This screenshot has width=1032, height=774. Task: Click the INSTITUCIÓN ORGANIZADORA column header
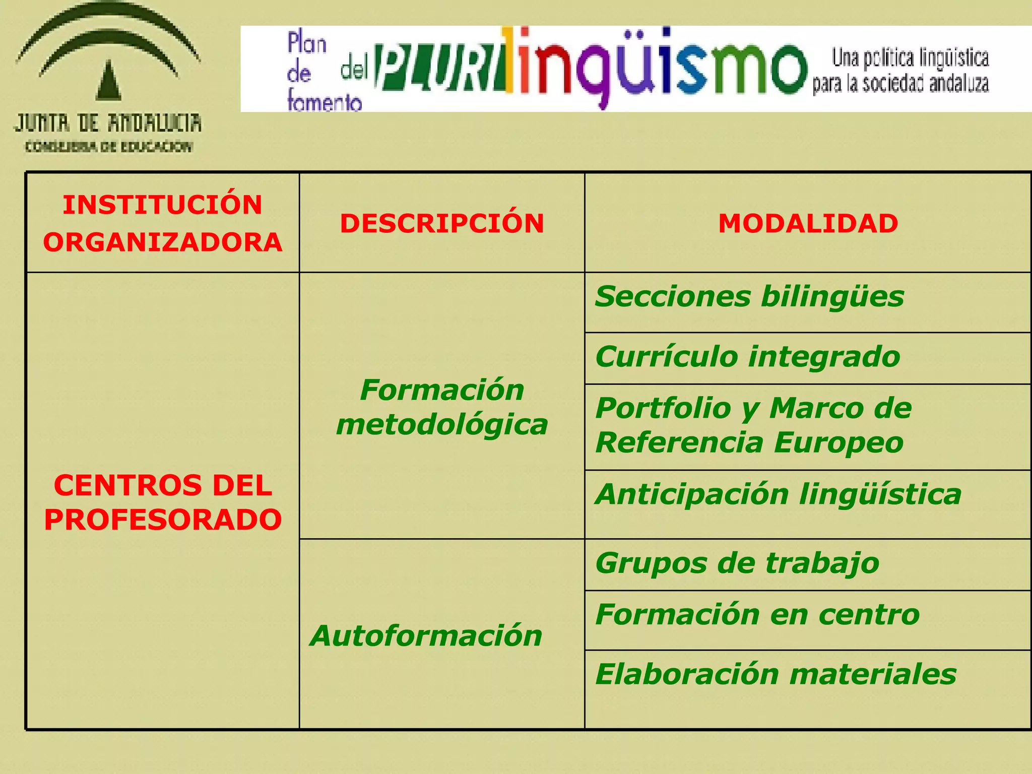pos(162,223)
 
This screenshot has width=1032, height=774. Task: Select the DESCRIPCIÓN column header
pos(442,223)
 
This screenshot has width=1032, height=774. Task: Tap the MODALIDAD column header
pos(808,223)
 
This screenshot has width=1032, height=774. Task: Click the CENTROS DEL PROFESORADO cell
pos(162,502)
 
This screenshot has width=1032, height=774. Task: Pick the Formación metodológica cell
pos(442,407)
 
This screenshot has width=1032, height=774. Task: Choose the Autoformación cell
pos(426,635)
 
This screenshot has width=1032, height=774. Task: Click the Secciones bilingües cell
pos(749,296)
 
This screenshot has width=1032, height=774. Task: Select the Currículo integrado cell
pos(747,357)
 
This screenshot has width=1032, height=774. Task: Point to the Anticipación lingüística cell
pos(778,494)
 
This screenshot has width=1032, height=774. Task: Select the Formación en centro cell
pos(757,614)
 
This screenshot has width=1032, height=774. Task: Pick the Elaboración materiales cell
pos(776,674)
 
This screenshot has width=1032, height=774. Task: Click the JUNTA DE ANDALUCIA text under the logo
pos(108,123)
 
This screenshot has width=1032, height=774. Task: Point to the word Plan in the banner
pos(307,43)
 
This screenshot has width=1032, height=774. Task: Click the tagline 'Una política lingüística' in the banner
pos(910,58)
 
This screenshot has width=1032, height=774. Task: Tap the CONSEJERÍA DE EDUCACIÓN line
pos(109,147)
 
